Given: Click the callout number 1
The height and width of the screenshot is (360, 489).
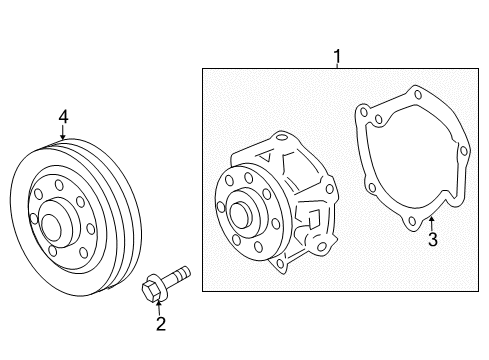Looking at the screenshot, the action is (337, 56).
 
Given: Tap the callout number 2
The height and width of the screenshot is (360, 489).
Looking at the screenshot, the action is (161, 324).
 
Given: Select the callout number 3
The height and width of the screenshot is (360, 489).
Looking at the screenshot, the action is (433, 239).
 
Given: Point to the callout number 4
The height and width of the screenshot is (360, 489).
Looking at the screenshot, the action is (63, 117).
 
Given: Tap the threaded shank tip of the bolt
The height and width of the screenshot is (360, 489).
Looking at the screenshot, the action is (185, 270).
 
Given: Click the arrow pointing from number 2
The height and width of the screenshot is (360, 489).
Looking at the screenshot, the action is (159, 308).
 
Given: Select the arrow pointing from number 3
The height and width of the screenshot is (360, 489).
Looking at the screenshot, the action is (431, 223).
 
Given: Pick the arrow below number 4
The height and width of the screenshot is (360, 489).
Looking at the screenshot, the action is (63, 132).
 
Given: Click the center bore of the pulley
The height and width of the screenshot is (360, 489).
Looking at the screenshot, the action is (51, 227).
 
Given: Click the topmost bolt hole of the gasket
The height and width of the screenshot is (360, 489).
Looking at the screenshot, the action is (418, 94).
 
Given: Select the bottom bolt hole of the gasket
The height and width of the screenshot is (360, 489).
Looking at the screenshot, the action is (412, 221).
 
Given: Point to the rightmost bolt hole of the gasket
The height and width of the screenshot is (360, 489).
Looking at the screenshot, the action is (464, 151).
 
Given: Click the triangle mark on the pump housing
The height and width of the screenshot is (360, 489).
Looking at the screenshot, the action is (266, 156).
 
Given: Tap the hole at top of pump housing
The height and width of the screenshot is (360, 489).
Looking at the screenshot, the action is (282, 137).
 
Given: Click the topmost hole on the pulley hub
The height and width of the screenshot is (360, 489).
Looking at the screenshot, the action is (59, 185).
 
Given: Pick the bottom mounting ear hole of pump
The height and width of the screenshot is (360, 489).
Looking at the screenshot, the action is (280, 264).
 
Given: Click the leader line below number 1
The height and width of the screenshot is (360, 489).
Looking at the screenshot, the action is (337, 66).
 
